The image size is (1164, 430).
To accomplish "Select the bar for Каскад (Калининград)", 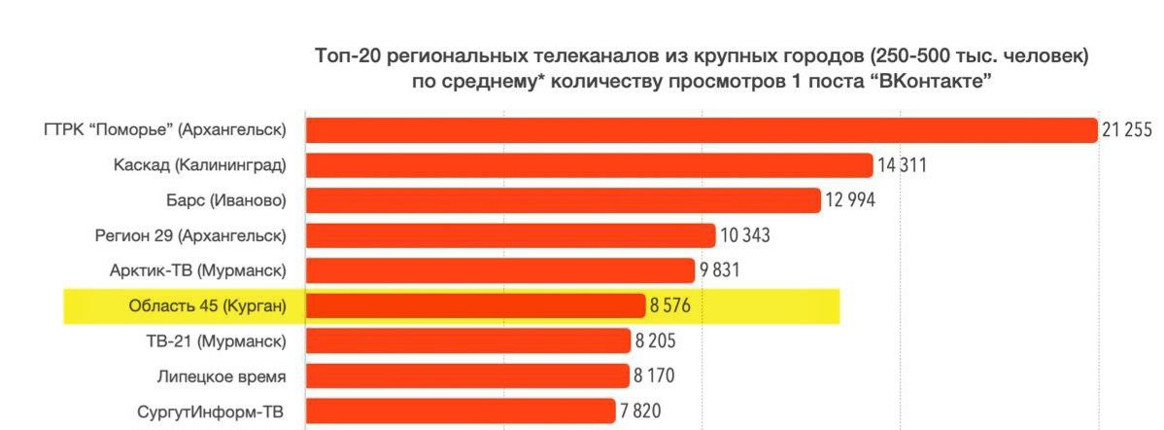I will point(589,165).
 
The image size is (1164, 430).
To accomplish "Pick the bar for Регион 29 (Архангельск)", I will point(511,235).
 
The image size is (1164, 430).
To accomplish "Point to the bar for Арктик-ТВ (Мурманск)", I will point(499,270).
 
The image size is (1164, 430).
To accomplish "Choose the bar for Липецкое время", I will point(467,376).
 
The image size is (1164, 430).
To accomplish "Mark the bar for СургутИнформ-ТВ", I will point(460,411).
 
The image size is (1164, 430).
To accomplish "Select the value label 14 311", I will point(902,165).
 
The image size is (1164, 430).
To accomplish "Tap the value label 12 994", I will point(850,200).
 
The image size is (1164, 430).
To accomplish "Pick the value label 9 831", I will point(720,270).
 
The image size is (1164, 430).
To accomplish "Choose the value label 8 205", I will point(656,340).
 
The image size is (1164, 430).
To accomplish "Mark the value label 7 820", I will point(640,411).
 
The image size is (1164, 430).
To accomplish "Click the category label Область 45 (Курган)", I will point(207,305).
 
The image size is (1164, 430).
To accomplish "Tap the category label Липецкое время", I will point(222,376).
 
